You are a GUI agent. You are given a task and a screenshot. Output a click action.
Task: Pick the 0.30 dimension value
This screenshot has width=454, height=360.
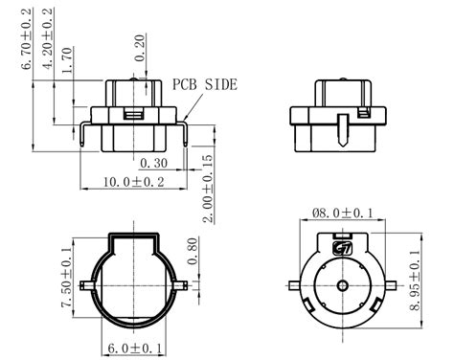coord(155,163)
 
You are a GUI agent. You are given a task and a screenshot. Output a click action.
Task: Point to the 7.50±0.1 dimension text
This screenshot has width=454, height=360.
coord(65,278)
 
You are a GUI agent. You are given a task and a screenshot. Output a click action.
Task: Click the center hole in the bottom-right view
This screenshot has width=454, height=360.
coord(342,286)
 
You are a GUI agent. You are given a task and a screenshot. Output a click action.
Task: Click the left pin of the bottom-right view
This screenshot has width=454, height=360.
coord(294,286)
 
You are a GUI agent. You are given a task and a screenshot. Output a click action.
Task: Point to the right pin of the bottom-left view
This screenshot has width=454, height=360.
coord(183,286)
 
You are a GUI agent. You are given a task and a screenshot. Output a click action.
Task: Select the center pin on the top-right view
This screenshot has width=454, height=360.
coord(342,127)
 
